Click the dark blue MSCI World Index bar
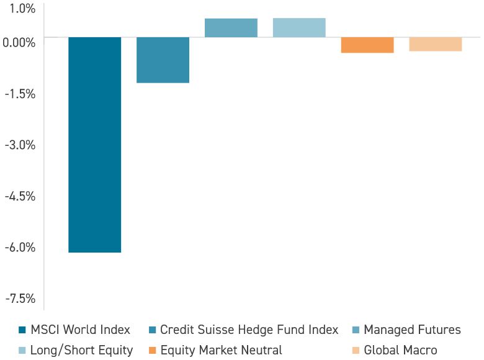click(94, 145)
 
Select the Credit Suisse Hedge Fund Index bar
click(163, 60)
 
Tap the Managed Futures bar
click(231, 28)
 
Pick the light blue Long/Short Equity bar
click(299, 28)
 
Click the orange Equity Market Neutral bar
click(367, 45)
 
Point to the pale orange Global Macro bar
click(436, 44)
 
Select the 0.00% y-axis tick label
click(19, 42)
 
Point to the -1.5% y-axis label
click(20, 94)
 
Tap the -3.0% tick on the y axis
click(20, 145)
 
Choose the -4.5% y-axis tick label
click(20, 196)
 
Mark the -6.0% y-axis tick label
click(20, 248)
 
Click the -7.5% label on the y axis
click(20, 299)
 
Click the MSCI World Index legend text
click(81, 330)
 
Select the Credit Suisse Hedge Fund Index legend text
click(249, 330)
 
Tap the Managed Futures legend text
click(412, 330)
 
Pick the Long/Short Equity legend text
click(82, 350)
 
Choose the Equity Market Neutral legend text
click(222, 350)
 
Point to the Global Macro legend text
click(400, 350)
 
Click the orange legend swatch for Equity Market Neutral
click(152, 350)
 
